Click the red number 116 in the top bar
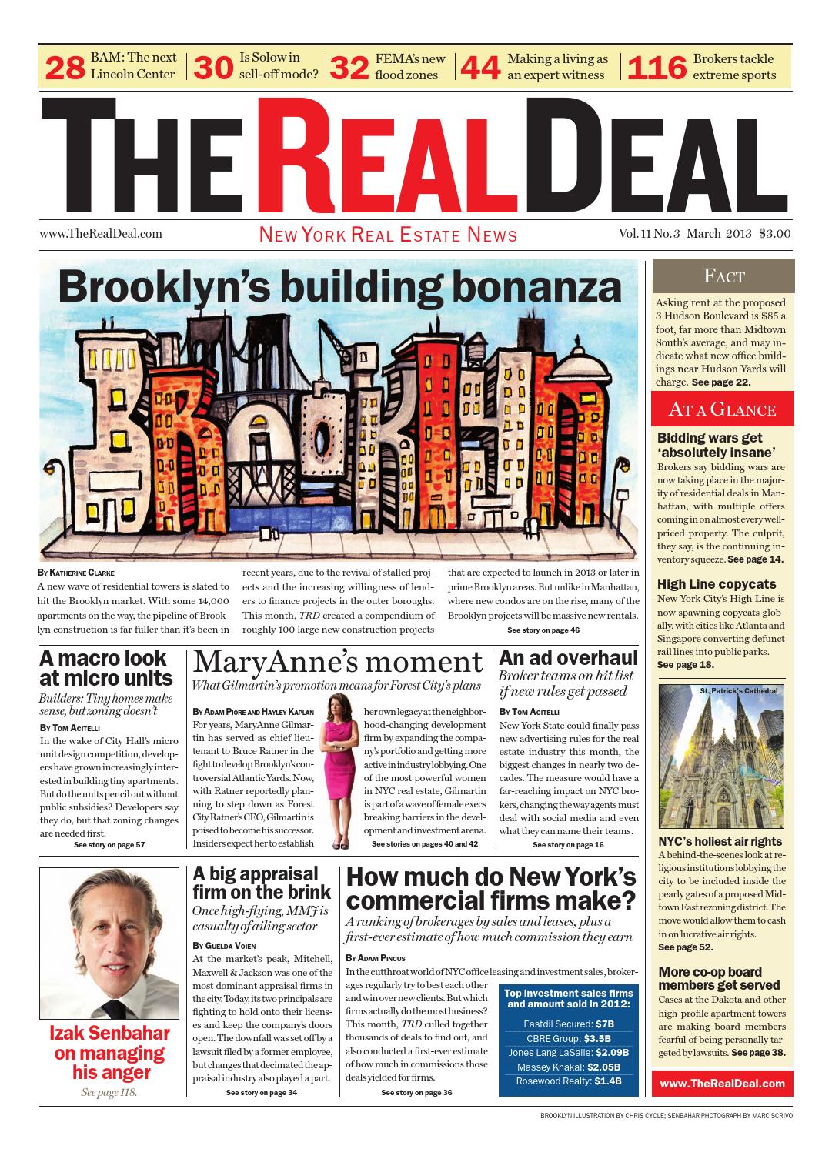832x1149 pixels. [657, 68]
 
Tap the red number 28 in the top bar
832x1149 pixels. [65, 68]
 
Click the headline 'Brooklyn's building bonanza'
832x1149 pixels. [339, 288]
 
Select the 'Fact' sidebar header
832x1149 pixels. [723, 276]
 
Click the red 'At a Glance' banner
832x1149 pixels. [723, 409]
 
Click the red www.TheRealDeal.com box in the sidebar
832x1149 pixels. [722, 1083]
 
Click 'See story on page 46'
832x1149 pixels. [543, 630]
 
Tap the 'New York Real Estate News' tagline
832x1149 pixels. [388, 235]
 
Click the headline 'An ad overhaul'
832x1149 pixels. [568, 657]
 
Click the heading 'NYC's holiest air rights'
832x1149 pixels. [720, 841]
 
